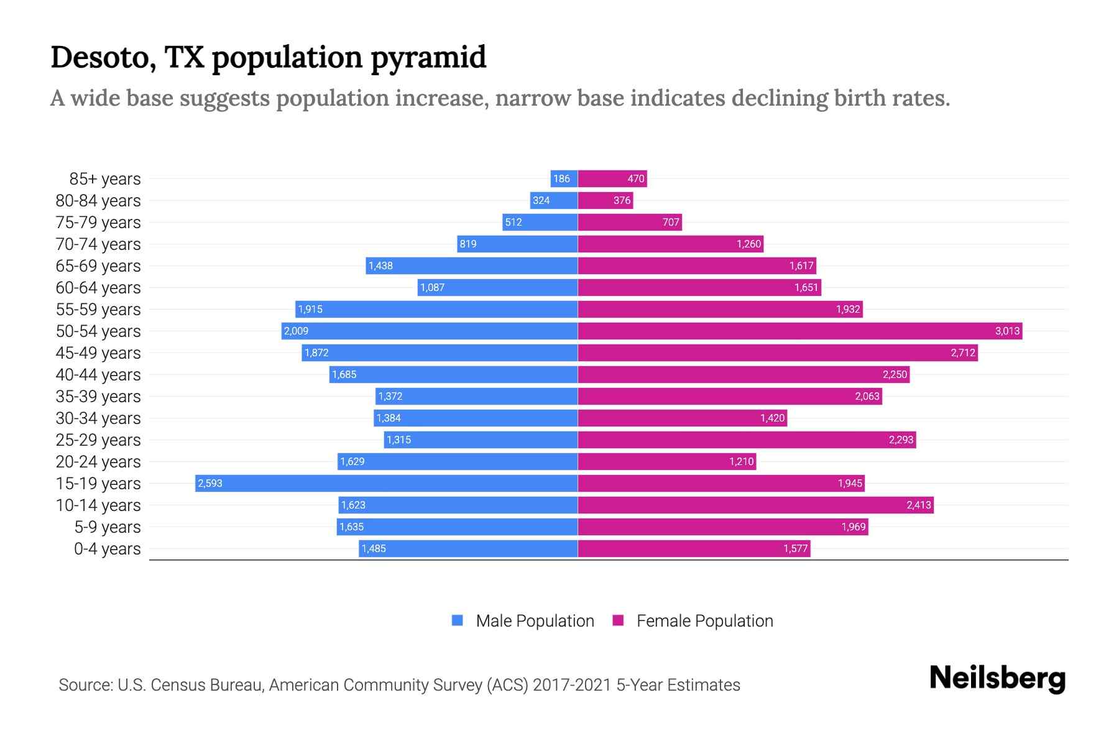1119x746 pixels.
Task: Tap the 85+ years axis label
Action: click(105, 179)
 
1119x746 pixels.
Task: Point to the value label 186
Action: click(561, 179)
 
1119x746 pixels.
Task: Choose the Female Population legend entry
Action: click(693, 621)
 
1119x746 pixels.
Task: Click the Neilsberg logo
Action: click(997, 678)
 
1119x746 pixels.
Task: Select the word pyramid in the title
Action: click(428, 57)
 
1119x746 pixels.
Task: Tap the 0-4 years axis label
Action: click(108, 549)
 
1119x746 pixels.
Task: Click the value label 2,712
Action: click(962, 353)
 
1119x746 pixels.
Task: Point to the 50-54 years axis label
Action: click(98, 331)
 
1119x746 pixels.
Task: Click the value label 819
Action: click(468, 244)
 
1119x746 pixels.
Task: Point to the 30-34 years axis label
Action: click(98, 418)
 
